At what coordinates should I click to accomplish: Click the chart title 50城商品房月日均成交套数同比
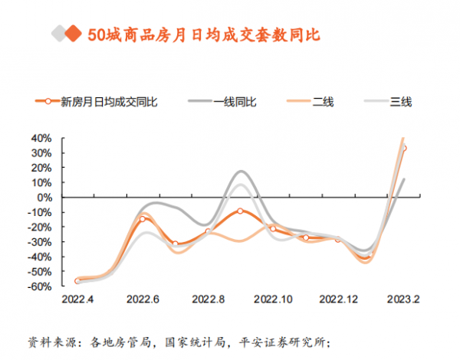(x=202, y=34)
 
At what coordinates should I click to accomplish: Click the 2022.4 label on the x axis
(x=77, y=299)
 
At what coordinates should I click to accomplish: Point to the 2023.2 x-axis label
(x=403, y=299)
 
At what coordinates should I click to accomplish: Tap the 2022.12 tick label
(x=337, y=299)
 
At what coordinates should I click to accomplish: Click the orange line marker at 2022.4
(x=77, y=281)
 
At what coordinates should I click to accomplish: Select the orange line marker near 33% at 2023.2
(x=404, y=148)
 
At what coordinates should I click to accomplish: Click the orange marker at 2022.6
(x=143, y=219)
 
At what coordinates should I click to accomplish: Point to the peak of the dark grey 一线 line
(x=241, y=171)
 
